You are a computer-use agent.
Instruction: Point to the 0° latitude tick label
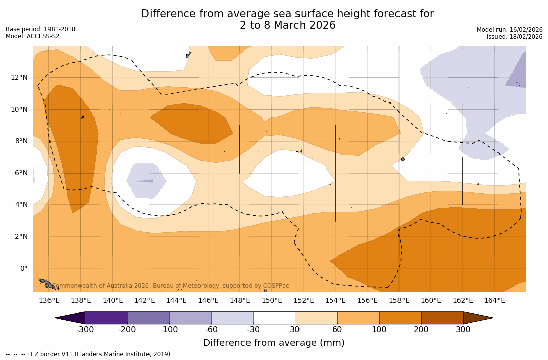24,269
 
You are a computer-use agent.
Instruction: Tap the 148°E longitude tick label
240,301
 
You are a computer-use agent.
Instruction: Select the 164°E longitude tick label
494,301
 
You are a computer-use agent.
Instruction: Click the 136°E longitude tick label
49,301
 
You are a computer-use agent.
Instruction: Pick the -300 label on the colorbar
85,330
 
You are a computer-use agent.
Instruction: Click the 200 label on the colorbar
421,330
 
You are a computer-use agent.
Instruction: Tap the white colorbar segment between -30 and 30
274,318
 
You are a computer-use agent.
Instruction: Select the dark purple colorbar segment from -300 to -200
106,318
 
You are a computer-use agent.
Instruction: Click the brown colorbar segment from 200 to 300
442,318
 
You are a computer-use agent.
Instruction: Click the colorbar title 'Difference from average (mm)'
274,343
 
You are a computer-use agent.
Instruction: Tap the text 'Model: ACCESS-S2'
32,36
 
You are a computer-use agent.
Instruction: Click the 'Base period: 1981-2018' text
40,29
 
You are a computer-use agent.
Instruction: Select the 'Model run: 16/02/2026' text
510,30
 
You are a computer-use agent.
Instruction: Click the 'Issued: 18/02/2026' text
515,37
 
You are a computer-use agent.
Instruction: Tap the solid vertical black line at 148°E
240,149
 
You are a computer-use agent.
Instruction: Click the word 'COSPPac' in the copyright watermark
276,286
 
